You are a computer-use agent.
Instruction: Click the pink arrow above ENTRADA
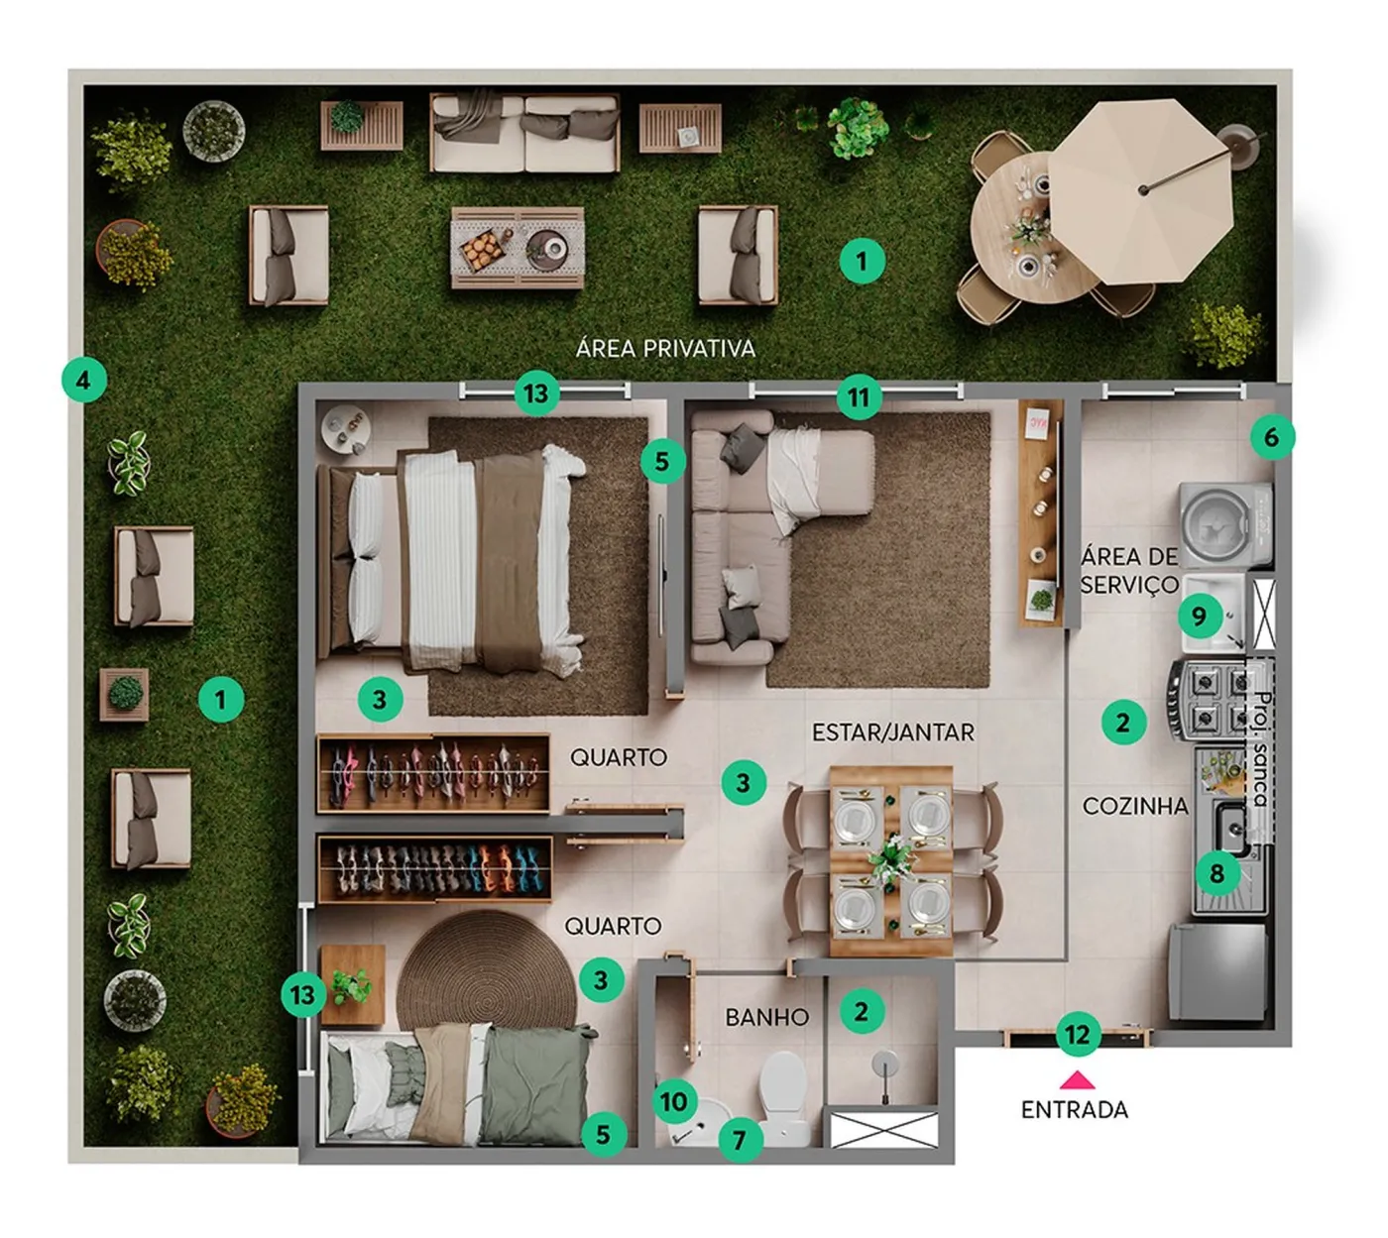(x=1077, y=1079)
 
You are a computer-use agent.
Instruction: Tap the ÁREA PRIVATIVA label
(x=665, y=349)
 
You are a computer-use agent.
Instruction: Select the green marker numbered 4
(x=83, y=380)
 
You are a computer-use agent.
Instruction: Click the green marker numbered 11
(x=859, y=396)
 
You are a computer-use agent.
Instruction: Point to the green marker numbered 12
(x=1078, y=1034)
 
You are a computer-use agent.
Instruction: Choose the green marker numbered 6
(x=1272, y=437)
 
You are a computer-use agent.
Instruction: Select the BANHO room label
(x=766, y=1017)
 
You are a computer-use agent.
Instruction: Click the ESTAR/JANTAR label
(x=892, y=732)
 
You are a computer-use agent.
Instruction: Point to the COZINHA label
(x=1135, y=806)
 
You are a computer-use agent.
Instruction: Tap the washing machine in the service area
(x=1226, y=525)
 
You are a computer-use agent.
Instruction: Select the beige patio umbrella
(x=1141, y=191)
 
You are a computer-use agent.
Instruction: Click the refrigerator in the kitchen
(x=1217, y=971)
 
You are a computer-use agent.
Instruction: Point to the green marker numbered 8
(x=1217, y=873)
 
